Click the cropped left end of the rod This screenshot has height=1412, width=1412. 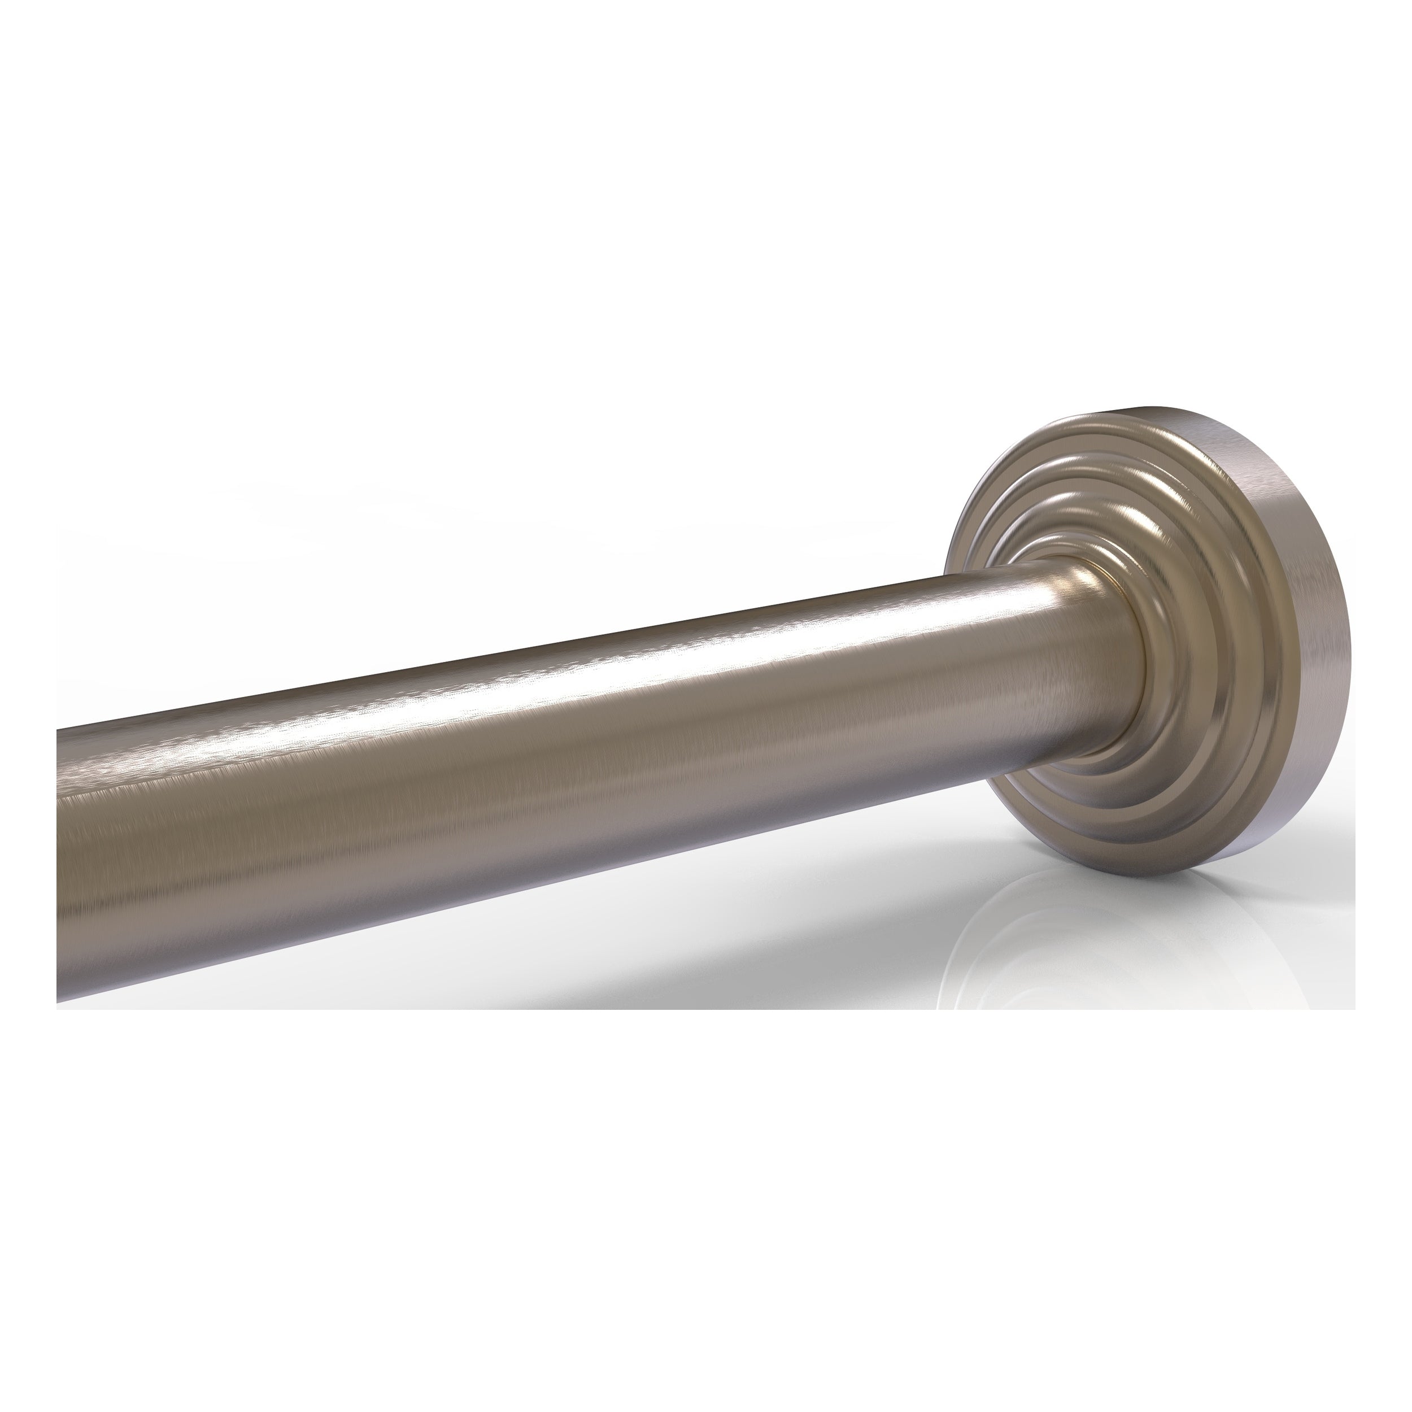tap(66, 855)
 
